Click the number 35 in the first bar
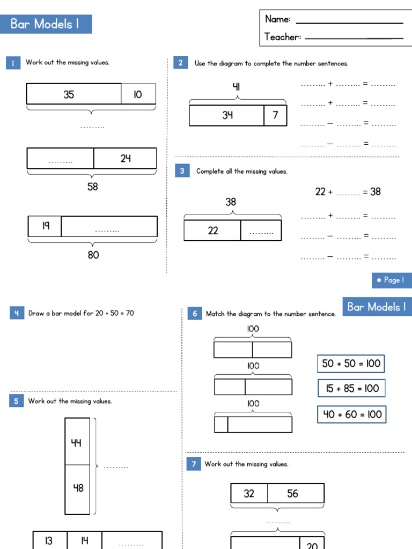coord(69,95)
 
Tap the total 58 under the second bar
coord(92,187)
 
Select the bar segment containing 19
coord(45,226)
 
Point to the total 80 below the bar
coord(93,255)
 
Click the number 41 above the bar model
coord(237,86)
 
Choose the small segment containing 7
coord(275,115)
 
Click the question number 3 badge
coord(182,171)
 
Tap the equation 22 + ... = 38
coord(348,191)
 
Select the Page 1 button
coord(391,280)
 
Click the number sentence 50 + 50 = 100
coord(351,363)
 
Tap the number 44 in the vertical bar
coord(77,443)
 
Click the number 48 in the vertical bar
coord(78,488)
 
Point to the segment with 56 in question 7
coord(293,493)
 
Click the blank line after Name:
coord(349,21)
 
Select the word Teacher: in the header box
coord(283,37)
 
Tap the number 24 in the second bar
coord(125,158)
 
